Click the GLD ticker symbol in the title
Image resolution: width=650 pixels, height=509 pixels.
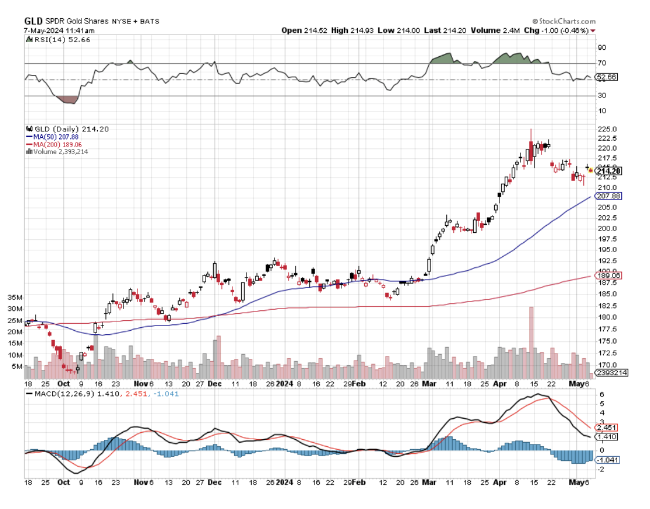click(33, 20)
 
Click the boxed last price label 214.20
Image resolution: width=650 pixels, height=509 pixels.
click(609, 171)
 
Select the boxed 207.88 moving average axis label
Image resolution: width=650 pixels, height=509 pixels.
click(608, 196)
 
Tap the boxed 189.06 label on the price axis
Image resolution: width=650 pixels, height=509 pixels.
click(608, 275)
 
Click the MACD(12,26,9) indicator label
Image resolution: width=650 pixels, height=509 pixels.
click(58, 394)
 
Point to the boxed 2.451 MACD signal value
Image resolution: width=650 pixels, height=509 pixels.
click(605, 427)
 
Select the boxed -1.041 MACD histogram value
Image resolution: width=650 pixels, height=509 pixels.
click(607, 460)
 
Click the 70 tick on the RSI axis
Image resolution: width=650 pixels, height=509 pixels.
click(601, 63)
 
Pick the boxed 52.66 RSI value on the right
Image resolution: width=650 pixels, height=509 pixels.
click(605, 77)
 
